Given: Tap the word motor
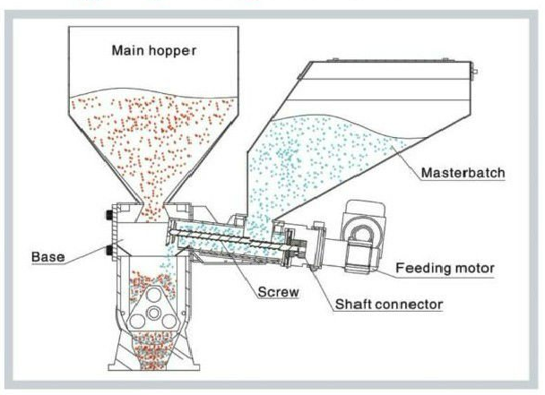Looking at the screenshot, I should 476,267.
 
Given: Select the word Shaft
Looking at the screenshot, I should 355,305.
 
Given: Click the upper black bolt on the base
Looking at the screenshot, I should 108,216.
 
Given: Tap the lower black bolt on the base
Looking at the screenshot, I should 108,248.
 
